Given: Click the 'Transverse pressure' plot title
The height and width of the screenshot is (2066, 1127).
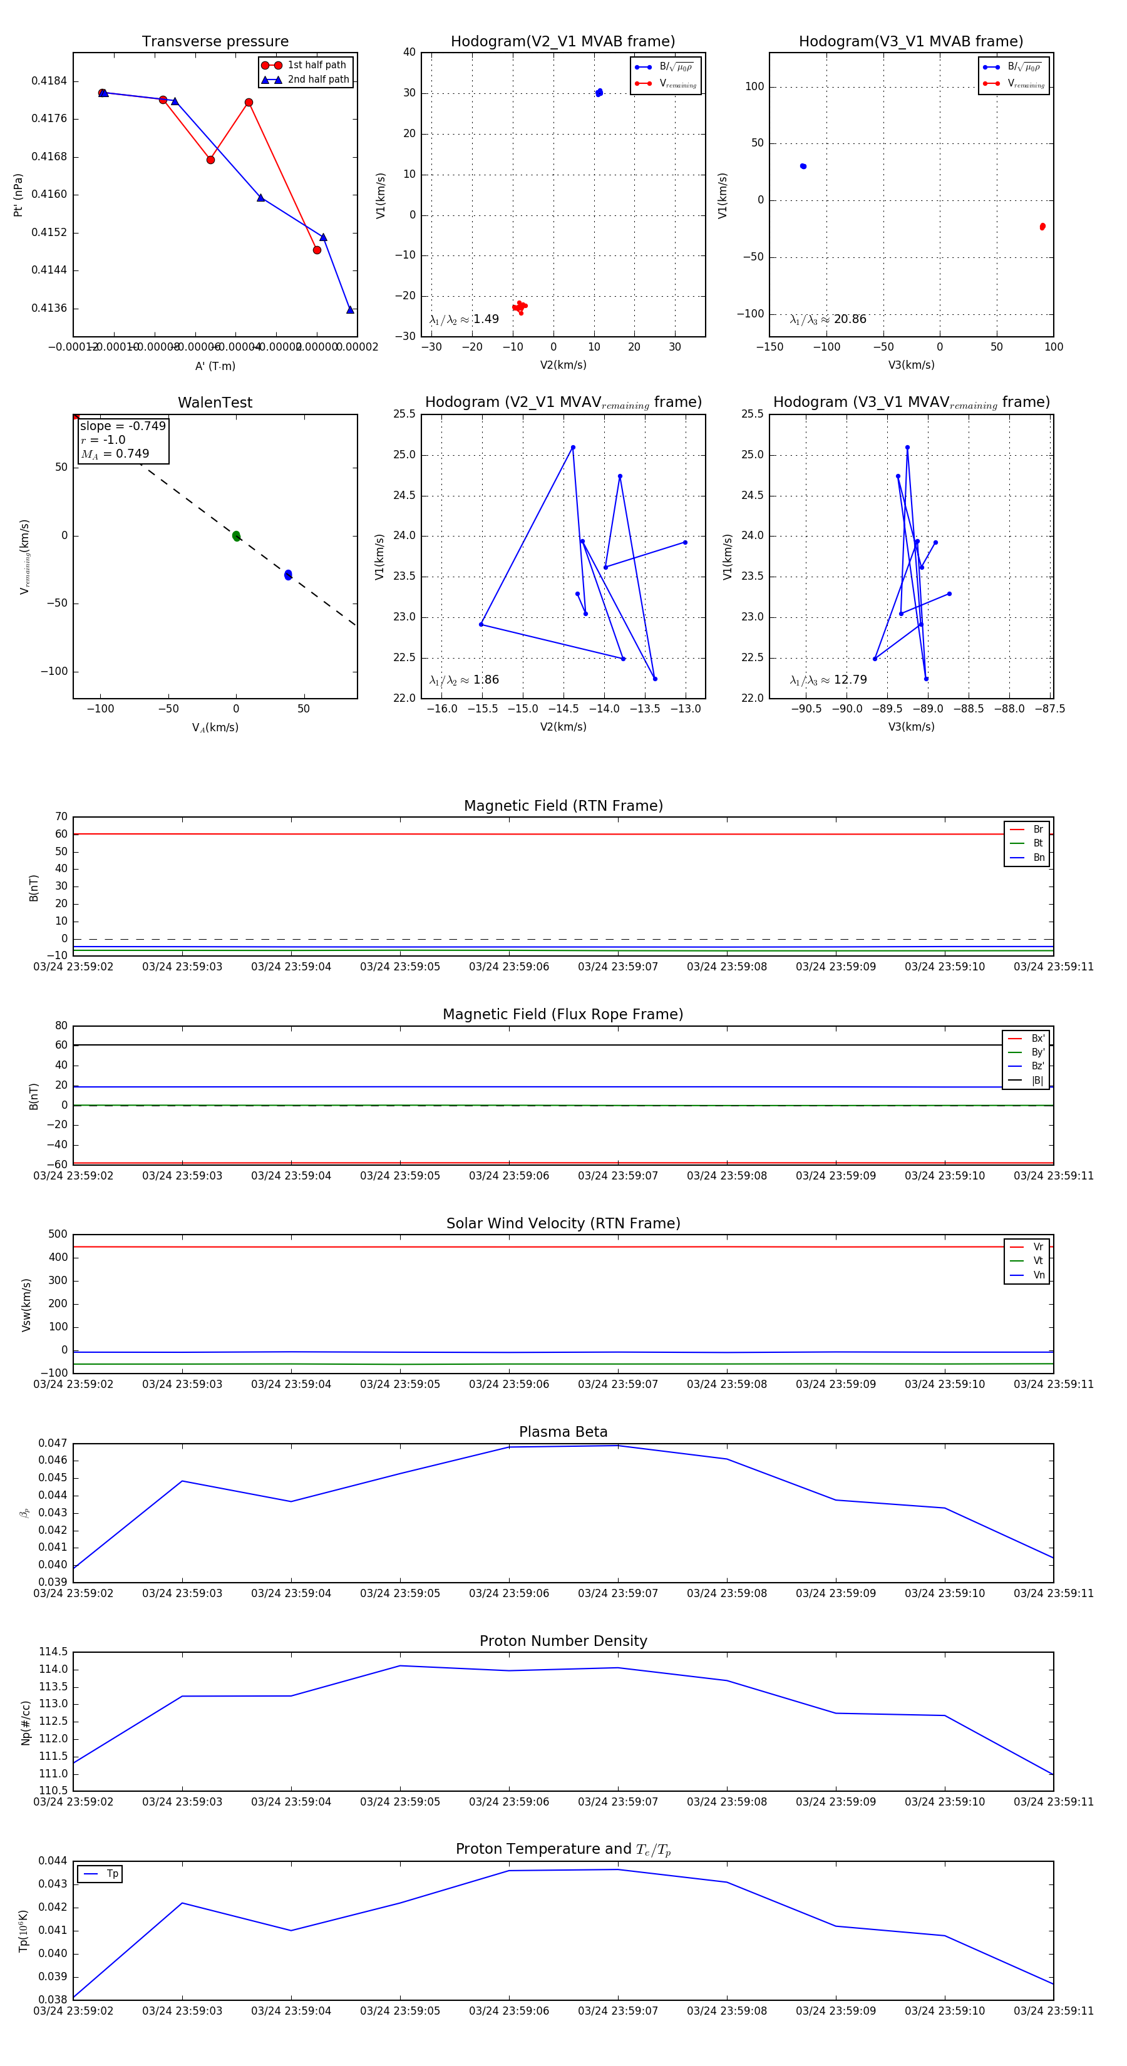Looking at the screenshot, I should coord(215,42).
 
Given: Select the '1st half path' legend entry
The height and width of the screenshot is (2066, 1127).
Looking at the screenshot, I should coord(316,65).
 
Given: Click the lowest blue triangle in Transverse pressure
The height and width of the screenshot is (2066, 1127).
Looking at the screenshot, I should coord(350,309).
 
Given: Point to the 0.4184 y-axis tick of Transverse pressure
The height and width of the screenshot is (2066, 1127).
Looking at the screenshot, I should coord(49,81).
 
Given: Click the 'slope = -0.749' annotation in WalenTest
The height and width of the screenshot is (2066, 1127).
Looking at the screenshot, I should coord(123,426).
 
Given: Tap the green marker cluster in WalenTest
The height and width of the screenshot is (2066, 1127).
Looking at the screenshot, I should coord(236,536).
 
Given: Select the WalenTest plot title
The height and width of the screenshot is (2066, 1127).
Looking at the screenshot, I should coord(215,403).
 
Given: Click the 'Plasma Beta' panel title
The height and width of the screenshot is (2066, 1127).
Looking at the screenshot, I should coord(563,1432).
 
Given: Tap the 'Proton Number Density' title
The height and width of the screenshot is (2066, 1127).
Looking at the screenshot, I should coord(563,1641).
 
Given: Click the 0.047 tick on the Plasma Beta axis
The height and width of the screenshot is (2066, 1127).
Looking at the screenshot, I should coord(53,1444).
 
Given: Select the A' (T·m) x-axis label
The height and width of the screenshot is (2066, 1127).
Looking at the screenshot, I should coord(215,366).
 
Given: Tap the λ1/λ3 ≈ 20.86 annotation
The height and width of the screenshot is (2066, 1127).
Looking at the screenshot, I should coord(828,319).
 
